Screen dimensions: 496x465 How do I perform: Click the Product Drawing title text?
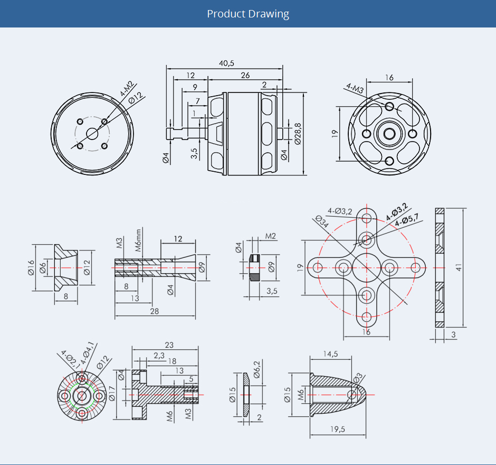coord(248,14)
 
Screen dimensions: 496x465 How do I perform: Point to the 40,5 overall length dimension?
coord(226,63)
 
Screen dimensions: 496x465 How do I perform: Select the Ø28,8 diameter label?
coord(298,134)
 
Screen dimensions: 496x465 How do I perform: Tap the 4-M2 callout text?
coord(127,89)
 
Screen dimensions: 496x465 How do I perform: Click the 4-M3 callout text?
coord(355,88)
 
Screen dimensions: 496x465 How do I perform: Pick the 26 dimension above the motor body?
coord(245,76)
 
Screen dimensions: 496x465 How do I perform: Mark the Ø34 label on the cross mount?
coord(322,221)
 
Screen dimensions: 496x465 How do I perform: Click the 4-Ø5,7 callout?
coord(407,220)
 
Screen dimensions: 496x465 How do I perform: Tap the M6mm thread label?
coord(138,240)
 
